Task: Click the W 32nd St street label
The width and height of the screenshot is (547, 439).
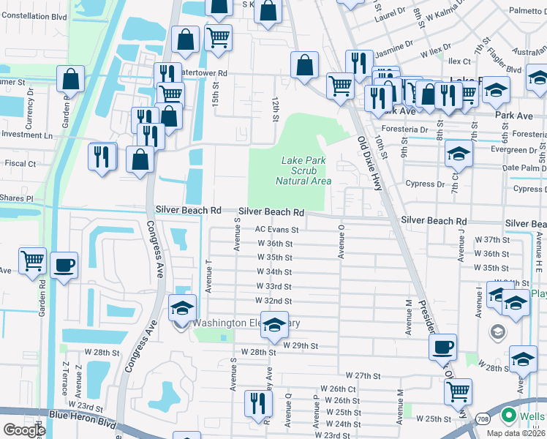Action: (273, 301)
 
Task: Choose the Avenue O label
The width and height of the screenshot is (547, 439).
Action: (341, 241)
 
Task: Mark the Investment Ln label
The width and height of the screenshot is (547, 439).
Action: (27, 135)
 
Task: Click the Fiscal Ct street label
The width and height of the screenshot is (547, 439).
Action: (21, 164)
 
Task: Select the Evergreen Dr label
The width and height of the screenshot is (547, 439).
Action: (519, 149)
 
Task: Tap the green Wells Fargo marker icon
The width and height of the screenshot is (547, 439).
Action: (508, 416)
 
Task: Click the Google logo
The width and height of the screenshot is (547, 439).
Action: (24, 430)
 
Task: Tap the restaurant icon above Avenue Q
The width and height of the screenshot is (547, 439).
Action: (258, 402)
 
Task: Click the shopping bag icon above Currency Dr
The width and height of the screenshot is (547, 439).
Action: (70, 78)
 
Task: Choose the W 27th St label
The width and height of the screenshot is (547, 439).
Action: (363, 375)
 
